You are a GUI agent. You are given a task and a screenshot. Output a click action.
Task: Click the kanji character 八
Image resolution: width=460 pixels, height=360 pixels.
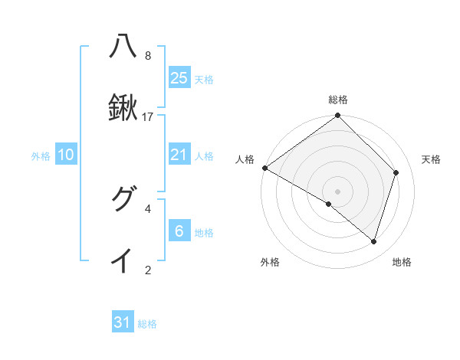pyautogui.click(x=123, y=47)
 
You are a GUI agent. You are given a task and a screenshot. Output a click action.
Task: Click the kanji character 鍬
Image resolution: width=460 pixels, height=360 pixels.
pyautogui.click(x=123, y=108)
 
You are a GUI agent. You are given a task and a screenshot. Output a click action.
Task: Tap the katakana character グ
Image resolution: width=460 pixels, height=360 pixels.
pyautogui.click(x=123, y=199)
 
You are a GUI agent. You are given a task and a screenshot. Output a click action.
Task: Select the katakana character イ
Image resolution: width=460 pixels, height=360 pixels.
pyautogui.click(x=123, y=260)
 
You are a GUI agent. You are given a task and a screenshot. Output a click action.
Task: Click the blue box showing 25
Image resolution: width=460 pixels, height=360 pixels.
pyautogui.click(x=179, y=78)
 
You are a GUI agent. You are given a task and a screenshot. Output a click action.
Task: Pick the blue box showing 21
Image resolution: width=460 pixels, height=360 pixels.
pyautogui.click(x=179, y=155)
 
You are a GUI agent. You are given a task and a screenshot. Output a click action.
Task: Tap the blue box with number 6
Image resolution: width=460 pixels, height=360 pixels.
pyautogui.click(x=179, y=231)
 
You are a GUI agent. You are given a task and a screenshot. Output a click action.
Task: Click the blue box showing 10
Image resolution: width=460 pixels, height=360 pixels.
pyautogui.click(x=66, y=155)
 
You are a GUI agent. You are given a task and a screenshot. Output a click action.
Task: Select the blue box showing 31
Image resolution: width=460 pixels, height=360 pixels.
pyautogui.click(x=123, y=322)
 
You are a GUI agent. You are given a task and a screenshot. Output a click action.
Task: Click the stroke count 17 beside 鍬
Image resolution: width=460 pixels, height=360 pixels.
pyautogui.click(x=148, y=117)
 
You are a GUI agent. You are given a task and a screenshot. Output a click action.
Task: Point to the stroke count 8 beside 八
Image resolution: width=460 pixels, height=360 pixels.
pyautogui.click(x=148, y=56)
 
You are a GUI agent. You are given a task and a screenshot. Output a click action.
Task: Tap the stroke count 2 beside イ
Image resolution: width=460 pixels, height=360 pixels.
pyautogui.click(x=148, y=270)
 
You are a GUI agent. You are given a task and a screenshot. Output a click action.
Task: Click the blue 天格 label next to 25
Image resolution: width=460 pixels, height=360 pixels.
pyautogui.click(x=203, y=80)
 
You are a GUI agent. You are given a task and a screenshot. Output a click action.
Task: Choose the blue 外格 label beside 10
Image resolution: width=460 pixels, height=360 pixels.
pyautogui.click(x=41, y=156)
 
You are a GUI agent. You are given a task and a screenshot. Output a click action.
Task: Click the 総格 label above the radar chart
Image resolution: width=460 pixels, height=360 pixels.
pyautogui.click(x=337, y=100)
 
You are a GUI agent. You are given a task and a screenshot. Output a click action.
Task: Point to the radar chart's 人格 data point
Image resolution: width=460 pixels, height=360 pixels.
pyautogui.click(x=264, y=168)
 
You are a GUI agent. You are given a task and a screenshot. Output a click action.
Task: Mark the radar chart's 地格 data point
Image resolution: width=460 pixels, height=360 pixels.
pyautogui.click(x=374, y=242)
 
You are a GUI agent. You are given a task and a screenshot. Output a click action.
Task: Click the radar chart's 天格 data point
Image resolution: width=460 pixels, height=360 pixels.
pyautogui.click(x=396, y=172)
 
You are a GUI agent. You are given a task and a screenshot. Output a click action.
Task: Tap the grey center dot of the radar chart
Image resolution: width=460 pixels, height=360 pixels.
pyautogui.click(x=337, y=191)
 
